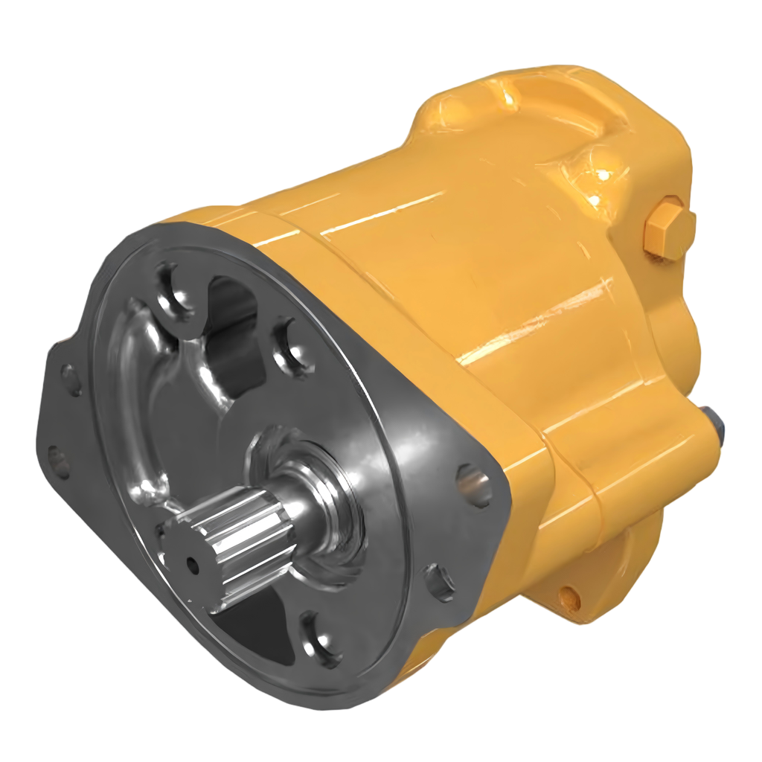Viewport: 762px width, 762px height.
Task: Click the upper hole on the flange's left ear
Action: pos(71,379)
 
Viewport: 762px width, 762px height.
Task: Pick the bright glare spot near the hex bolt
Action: pos(600,176)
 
